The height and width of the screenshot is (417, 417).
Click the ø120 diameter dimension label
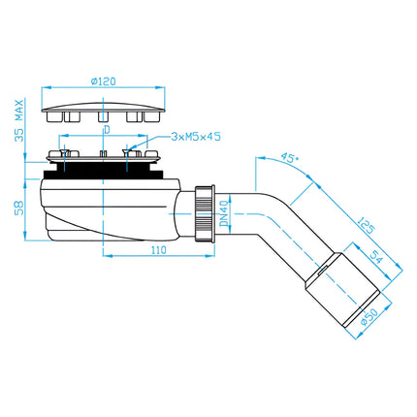tap(103, 81)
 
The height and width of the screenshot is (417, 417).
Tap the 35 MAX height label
tap(19, 121)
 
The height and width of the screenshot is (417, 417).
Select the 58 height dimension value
tap(19, 208)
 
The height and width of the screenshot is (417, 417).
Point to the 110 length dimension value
tap(158, 250)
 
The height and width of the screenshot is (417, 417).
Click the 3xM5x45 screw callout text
tap(196, 137)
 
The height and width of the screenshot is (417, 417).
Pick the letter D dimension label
tap(107, 130)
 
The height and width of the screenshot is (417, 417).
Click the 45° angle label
tap(289, 158)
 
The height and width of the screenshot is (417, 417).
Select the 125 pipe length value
tap(366, 225)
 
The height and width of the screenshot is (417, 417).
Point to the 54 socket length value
tap(376, 257)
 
